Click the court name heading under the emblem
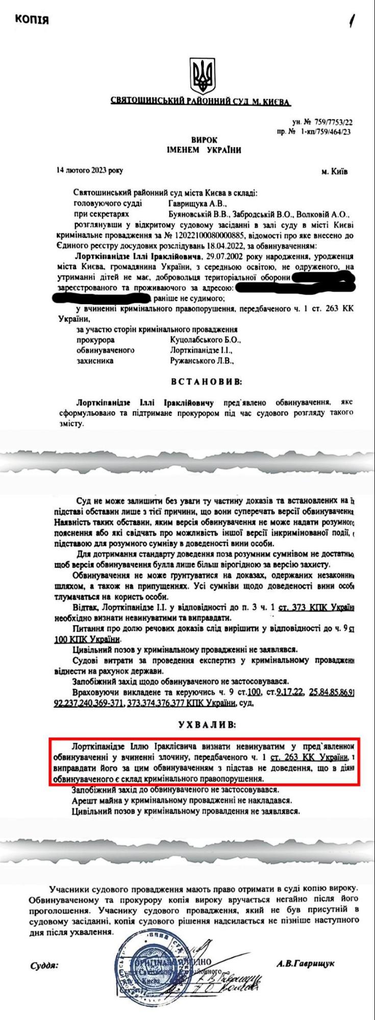point(201,101)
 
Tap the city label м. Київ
point(335,171)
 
